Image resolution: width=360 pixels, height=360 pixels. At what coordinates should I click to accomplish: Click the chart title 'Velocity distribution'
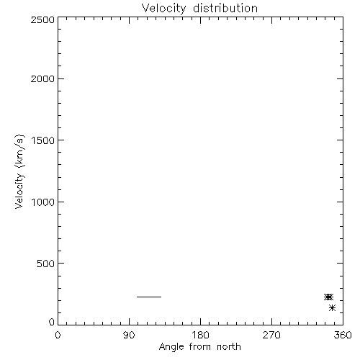click(199, 9)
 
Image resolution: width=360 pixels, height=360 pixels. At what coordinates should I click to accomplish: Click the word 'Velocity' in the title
click(163, 9)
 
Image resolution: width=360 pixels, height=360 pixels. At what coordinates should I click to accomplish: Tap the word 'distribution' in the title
click(225, 8)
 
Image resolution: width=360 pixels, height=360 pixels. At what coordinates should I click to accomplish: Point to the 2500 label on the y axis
click(42, 19)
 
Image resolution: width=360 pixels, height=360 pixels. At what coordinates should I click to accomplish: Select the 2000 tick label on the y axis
click(42, 78)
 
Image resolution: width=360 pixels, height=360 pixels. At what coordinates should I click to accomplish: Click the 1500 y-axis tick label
click(43, 140)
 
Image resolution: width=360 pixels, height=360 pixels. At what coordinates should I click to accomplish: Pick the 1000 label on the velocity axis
click(43, 202)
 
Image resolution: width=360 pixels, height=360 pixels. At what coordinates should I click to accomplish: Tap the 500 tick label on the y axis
click(46, 264)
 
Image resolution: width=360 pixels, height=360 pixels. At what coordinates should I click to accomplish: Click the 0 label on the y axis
click(52, 322)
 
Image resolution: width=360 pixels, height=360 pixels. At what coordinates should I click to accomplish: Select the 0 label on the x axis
click(58, 335)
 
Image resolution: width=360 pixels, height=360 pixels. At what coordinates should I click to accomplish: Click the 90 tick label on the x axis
click(129, 335)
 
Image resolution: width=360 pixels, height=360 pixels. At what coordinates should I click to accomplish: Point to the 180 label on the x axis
click(200, 335)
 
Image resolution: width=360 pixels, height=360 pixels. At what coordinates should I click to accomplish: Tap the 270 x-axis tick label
click(271, 335)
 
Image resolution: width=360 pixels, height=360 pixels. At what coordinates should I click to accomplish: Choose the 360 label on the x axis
click(343, 335)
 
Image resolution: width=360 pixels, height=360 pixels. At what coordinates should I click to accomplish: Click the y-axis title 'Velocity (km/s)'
click(19, 171)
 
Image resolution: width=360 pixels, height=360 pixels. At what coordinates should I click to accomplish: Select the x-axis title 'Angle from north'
click(200, 347)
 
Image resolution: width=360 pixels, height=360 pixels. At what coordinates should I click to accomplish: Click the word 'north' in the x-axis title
click(229, 346)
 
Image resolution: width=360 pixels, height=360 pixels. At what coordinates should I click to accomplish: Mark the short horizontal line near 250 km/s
click(149, 297)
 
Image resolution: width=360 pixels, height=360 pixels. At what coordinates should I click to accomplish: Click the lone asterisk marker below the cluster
click(332, 307)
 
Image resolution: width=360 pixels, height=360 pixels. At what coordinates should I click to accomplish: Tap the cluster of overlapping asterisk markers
click(328, 297)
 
